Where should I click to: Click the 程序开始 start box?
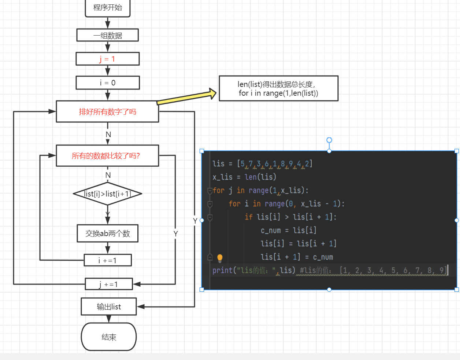coord(108,8)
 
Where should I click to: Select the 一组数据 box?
coord(108,36)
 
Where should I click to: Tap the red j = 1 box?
coord(108,59)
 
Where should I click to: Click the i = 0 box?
coord(108,83)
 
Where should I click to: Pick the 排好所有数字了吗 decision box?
coord(107,112)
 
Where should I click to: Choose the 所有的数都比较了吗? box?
coord(107,156)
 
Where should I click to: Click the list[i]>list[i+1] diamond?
coord(107,194)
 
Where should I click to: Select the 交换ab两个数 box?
coord(108,234)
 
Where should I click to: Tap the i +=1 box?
coord(108,260)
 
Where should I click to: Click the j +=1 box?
coord(108,284)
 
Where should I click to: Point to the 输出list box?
coord(109,306)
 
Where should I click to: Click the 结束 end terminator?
coord(109,337)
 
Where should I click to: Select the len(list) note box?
coord(278,88)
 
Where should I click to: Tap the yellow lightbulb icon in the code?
coord(220,258)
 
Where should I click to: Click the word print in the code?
coord(222,271)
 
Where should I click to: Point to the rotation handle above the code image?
coord(329,140)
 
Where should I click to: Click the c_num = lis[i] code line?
coord(288,231)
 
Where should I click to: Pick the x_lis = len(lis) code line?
coord(244,177)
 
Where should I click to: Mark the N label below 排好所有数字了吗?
coord(108,135)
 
